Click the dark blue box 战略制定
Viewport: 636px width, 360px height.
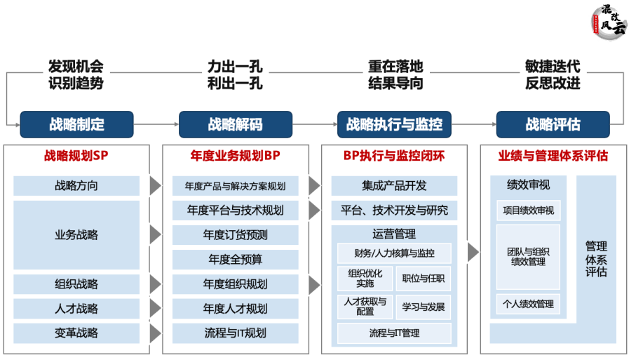point(76,125)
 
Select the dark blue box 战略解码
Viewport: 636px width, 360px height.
point(235,125)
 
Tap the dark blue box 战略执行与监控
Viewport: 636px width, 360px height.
point(394,125)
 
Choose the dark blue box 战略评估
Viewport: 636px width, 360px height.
point(553,125)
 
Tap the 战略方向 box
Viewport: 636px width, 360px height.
point(76,186)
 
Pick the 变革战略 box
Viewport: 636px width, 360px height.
point(76,333)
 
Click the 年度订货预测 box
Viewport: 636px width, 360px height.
point(235,234)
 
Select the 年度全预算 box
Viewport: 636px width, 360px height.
point(235,259)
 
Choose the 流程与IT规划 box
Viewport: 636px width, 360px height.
point(235,333)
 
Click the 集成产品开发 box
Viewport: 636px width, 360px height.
point(394,186)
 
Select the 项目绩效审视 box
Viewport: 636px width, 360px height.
point(528,210)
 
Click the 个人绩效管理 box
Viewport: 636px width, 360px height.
point(528,304)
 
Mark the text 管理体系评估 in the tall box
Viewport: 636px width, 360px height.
point(596,259)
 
